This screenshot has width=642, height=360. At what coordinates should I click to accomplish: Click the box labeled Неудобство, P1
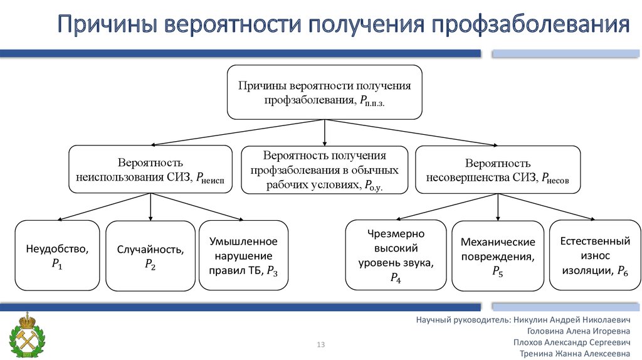pos(57,256)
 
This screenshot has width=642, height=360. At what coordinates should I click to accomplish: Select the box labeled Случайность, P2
pos(150,256)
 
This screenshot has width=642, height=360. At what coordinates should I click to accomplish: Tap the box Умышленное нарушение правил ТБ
pos(244,255)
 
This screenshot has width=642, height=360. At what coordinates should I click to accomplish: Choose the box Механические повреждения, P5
pos(498,256)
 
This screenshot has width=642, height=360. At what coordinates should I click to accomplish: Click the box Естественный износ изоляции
pos(594,255)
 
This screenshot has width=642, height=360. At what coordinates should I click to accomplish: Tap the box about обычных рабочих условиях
pos(324,170)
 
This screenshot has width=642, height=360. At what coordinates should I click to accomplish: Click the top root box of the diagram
pos(324,92)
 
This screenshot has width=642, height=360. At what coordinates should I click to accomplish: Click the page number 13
pos(322,344)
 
